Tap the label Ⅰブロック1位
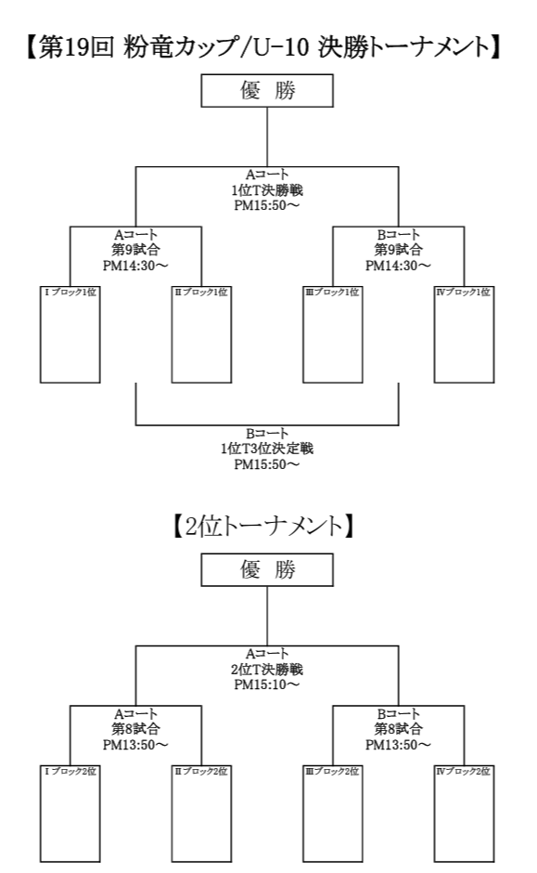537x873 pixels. pyautogui.click(x=70, y=293)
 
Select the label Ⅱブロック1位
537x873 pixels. pyautogui.click(x=201, y=293)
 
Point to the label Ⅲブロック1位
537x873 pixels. pyautogui.click(x=332, y=293)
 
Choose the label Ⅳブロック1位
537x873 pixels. pyautogui.click(x=464, y=293)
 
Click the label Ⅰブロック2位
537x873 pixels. pyautogui.click(x=70, y=772)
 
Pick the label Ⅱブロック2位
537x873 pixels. pyautogui.click(x=201, y=772)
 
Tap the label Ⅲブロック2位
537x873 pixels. pyautogui.click(x=332, y=772)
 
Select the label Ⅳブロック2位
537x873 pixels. pyautogui.click(x=464, y=772)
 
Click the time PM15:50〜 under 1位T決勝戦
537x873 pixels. pyautogui.click(x=267, y=205)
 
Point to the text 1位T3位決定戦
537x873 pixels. pyautogui.click(x=267, y=449)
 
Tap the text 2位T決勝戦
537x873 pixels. pyautogui.click(x=267, y=670)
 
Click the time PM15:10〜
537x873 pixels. pyautogui.click(x=267, y=684)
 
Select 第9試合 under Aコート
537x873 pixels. pyautogui.click(x=135, y=250)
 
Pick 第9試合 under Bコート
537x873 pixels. pyautogui.click(x=398, y=250)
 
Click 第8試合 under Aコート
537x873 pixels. pyautogui.click(x=135, y=729)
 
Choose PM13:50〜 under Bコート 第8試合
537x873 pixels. pyautogui.click(x=398, y=745)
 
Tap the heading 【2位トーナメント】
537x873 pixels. pyautogui.click(x=263, y=527)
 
